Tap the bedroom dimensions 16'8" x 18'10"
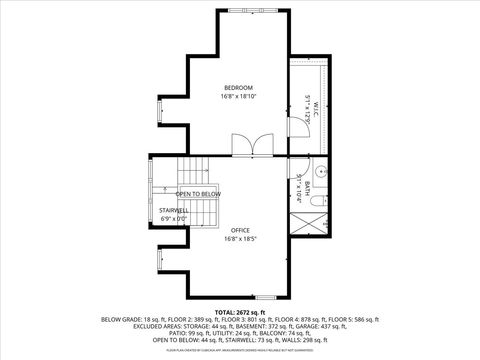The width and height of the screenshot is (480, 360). (x=239, y=98)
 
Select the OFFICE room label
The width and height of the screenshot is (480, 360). (x=240, y=230)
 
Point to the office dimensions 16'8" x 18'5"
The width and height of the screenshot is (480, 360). (x=240, y=239)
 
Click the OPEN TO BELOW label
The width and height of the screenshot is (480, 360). (x=198, y=193)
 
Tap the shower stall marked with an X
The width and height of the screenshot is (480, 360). (x=314, y=222)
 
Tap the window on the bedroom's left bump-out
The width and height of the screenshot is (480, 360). (x=157, y=114)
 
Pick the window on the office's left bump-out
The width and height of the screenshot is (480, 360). (x=157, y=261)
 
